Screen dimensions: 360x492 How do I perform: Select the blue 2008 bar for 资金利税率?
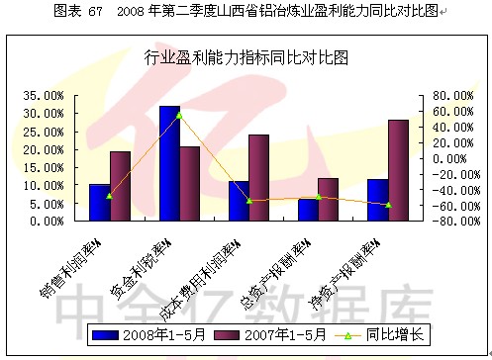(169, 163)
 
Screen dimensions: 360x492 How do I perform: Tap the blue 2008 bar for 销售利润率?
(99, 203)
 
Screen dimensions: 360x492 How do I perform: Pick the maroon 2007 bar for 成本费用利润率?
(258, 178)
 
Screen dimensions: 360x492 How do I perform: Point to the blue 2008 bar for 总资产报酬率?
(308, 210)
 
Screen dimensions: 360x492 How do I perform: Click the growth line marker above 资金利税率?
(179, 115)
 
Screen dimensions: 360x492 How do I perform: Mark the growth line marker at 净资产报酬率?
(388, 205)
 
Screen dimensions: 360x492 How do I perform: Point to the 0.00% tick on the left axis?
(48, 222)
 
